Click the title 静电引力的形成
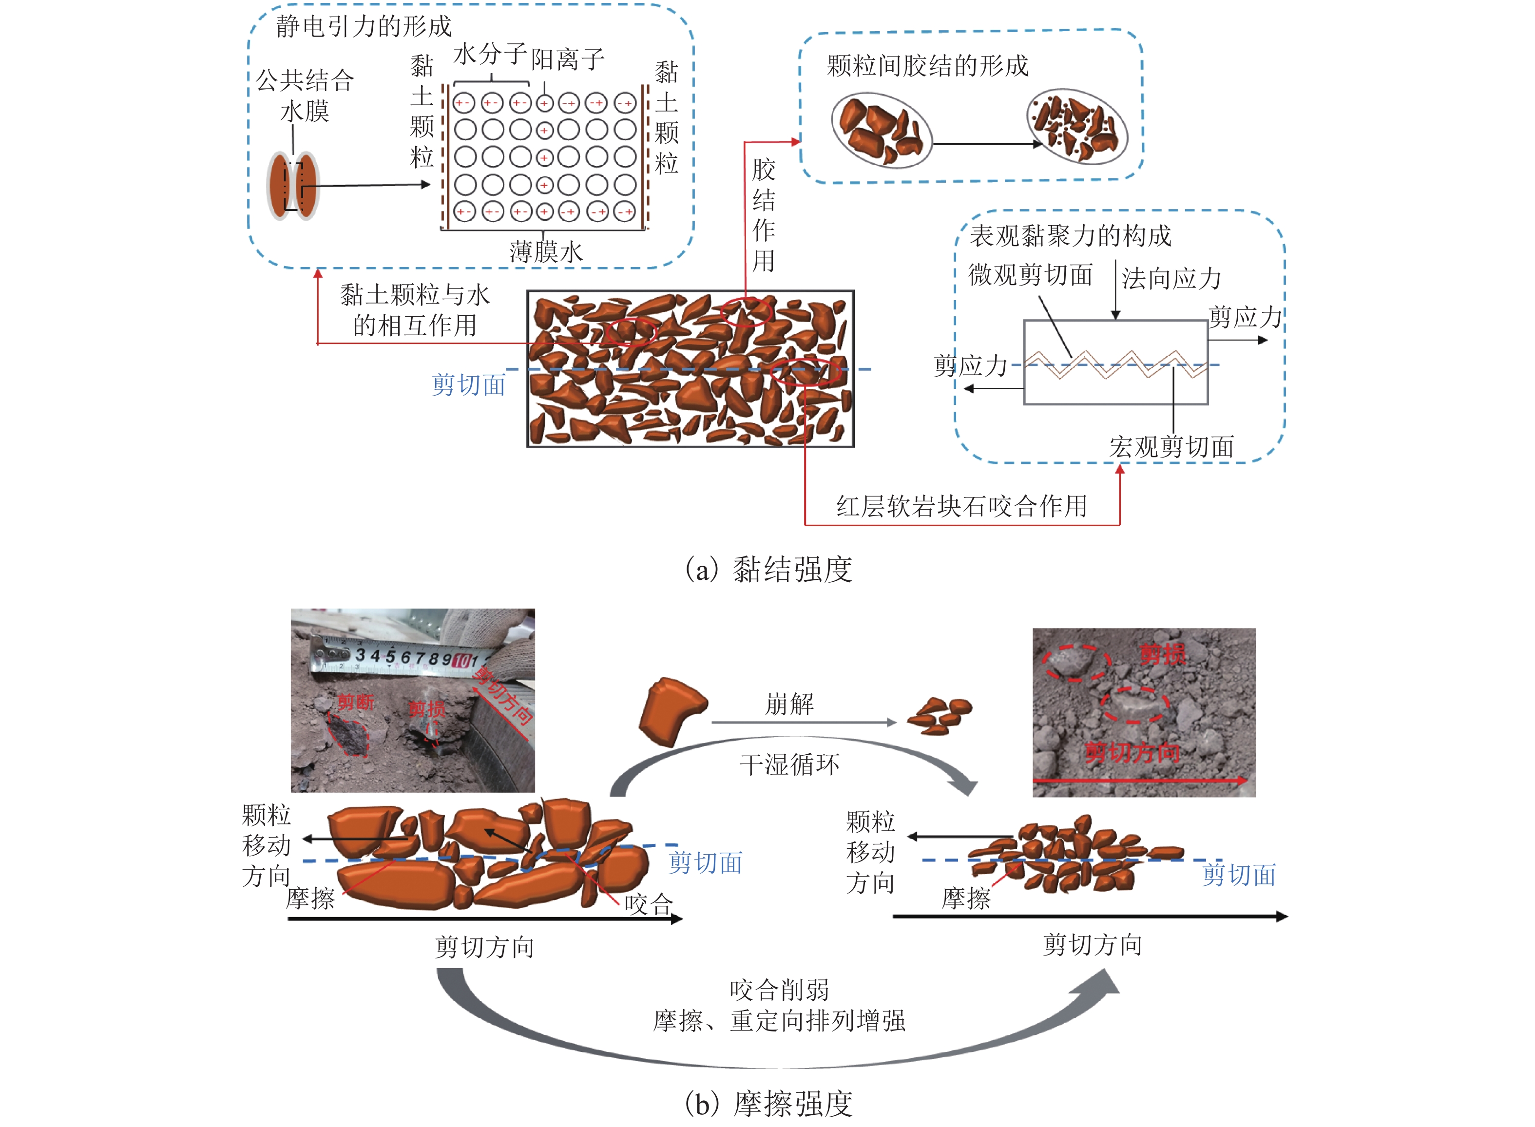[x=363, y=27]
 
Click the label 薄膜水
[x=546, y=252]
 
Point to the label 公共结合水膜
[x=305, y=96]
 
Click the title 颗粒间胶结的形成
[x=926, y=66]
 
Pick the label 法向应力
[x=1170, y=278]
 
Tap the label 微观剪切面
[x=1030, y=275]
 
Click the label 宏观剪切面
[x=1170, y=447]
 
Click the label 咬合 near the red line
[x=648, y=905]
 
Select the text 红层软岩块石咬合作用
[x=961, y=506]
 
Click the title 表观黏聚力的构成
[x=1070, y=236]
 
